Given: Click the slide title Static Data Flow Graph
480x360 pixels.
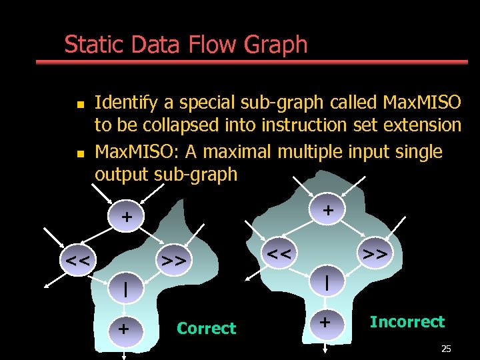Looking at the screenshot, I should coord(185,45).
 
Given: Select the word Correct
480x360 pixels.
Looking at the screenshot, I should coord(206,328).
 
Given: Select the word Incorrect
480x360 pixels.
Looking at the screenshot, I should coord(407,322).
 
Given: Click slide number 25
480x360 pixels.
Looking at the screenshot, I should coord(446,349).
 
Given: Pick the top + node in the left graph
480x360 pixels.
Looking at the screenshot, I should coord(126,217).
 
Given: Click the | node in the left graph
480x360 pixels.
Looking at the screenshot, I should coord(126,291).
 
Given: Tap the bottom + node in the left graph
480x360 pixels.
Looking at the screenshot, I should coord(123,328).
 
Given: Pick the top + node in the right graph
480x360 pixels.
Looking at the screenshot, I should coord(327,210).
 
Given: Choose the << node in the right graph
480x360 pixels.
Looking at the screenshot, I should coord(280,251).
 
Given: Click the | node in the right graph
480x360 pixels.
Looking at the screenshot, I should coord(327,282).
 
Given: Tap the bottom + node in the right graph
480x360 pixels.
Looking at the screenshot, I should coord(325,323).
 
